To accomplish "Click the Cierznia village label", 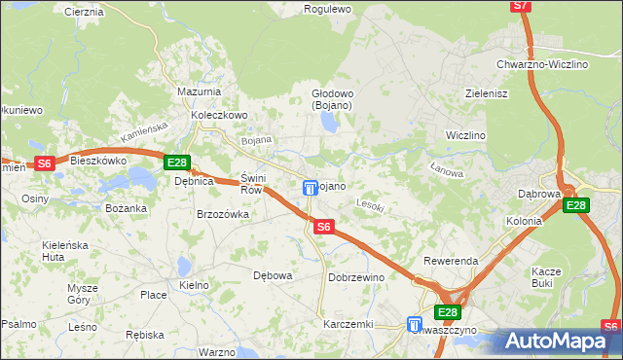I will click(x=83, y=12).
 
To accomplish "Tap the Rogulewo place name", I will click(x=327, y=8).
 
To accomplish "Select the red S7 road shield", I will click(x=521, y=6).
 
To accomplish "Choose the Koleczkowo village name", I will click(x=220, y=114).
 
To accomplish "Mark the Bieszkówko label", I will click(x=99, y=159).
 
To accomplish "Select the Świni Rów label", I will click(x=251, y=184).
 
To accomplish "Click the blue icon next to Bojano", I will click(x=310, y=188).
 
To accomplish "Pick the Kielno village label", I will click(x=195, y=285).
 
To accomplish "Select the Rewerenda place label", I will click(x=450, y=262).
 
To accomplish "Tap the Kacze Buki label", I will click(x=545, y=277).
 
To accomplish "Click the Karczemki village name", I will click(x=348, y=323).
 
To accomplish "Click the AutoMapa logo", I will click(x=559, y=341).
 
